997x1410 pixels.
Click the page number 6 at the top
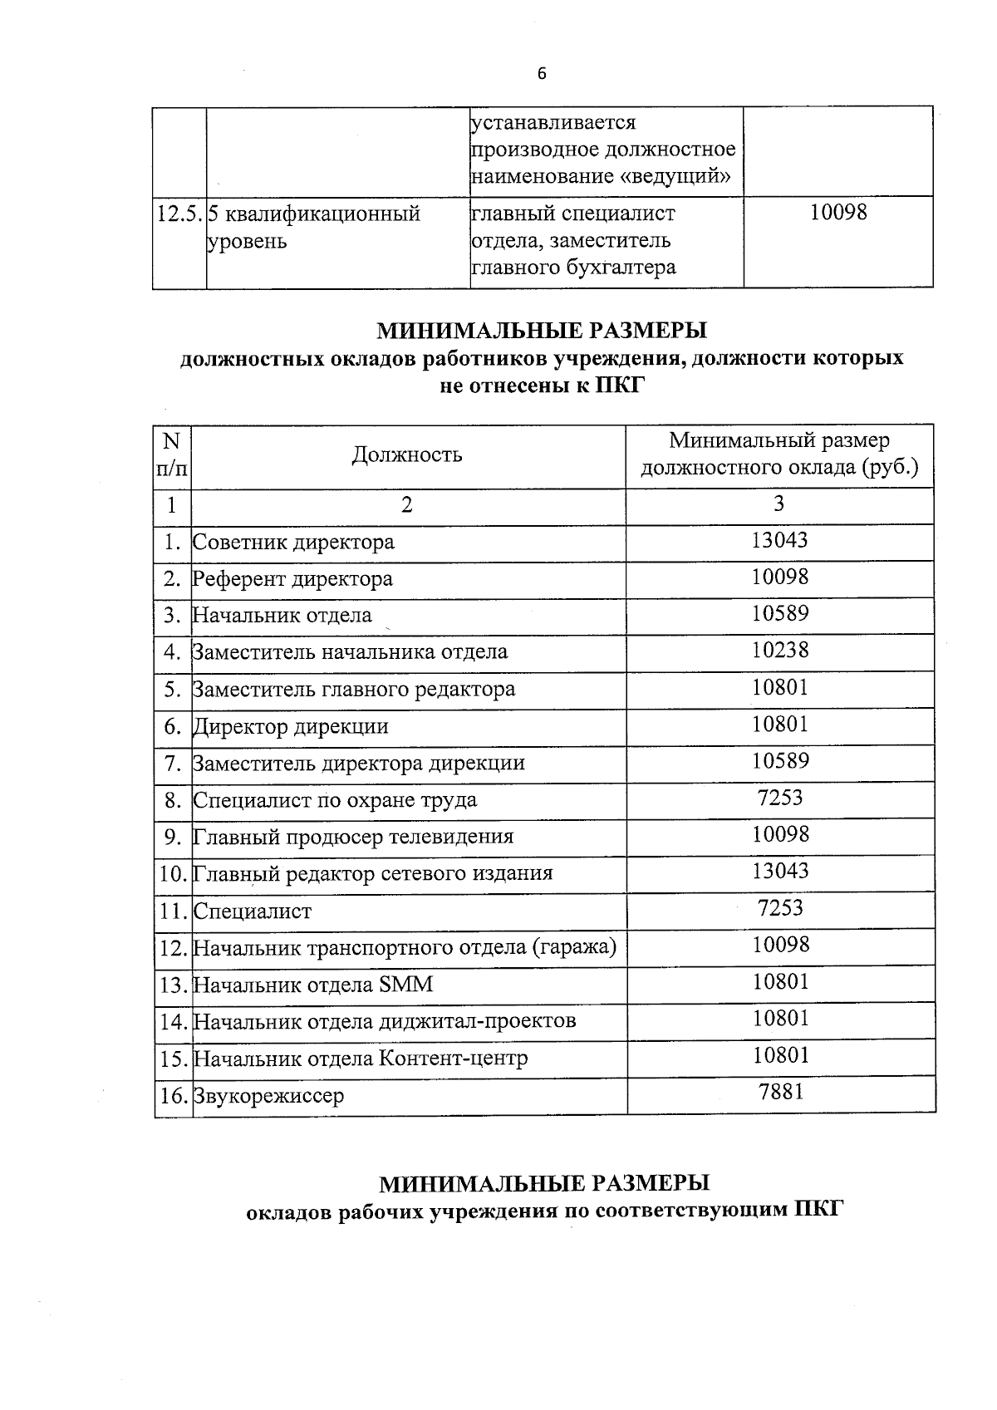[543, 74]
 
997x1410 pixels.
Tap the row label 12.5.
[179, 214]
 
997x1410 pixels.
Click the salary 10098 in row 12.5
[837, 213]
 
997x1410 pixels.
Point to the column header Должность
[407, 454]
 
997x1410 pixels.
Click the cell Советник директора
[293, 543]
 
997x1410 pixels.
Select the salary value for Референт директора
[779, 577]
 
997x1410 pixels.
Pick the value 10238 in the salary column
[779, 651]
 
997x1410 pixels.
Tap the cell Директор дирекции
[291, 727]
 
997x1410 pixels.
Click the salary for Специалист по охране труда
[780, 798]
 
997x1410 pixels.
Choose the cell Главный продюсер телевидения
[353, 837]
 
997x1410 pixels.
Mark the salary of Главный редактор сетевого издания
[779, 872]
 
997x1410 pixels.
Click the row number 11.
[173, 911]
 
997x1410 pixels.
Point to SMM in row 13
[406, 985]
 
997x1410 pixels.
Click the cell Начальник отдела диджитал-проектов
[385, 1021]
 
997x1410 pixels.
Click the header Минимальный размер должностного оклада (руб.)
[779, 454]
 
